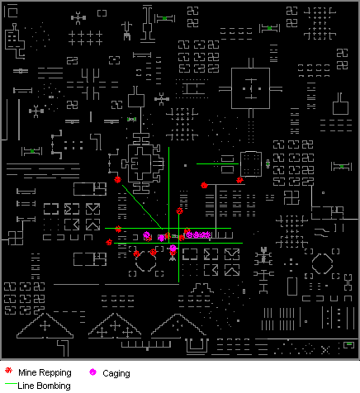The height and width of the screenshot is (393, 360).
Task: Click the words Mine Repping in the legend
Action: point(45,372)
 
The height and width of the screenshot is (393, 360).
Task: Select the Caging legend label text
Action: point(116,373)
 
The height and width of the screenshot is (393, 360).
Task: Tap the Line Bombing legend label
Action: point(44,386)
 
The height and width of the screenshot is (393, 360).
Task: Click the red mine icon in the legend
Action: point(9,371)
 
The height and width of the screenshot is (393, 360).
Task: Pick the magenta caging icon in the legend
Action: point(93,372)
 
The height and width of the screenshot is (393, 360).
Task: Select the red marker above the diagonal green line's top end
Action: point(117,180)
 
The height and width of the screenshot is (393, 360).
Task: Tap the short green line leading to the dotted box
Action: point(217,163)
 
